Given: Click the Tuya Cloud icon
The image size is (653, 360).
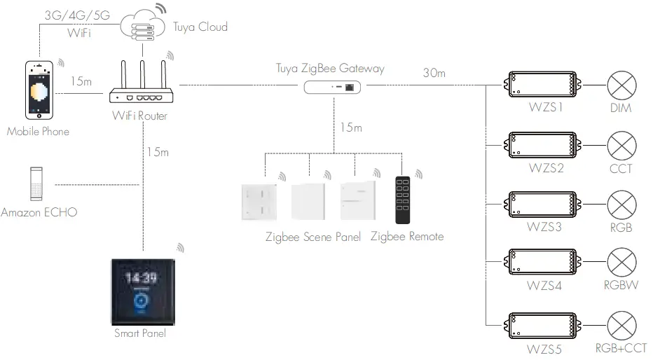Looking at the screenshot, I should click(x=142, y=26).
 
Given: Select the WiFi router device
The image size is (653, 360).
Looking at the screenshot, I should click(x=142, y=88).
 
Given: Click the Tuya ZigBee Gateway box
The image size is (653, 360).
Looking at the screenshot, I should click(x=334, y=87).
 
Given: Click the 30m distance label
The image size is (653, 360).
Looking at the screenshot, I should click(x=435, y=73).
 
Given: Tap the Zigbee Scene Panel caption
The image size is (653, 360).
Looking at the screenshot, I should click(x=313, y=237).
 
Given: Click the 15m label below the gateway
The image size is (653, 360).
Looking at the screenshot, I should click(x=350, y=127).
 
